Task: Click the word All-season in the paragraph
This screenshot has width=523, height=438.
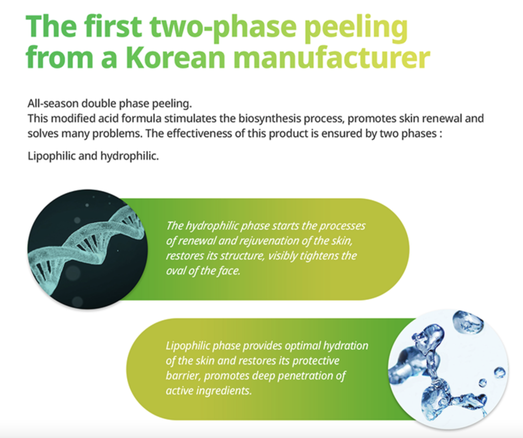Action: coord(53,104)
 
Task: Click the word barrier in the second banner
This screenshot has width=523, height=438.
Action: coord(183,376)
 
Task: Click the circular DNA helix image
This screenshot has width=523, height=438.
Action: coord(88,249)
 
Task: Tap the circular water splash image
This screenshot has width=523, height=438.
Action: coord(448,369)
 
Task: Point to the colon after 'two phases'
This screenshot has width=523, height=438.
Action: coord(441,134)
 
